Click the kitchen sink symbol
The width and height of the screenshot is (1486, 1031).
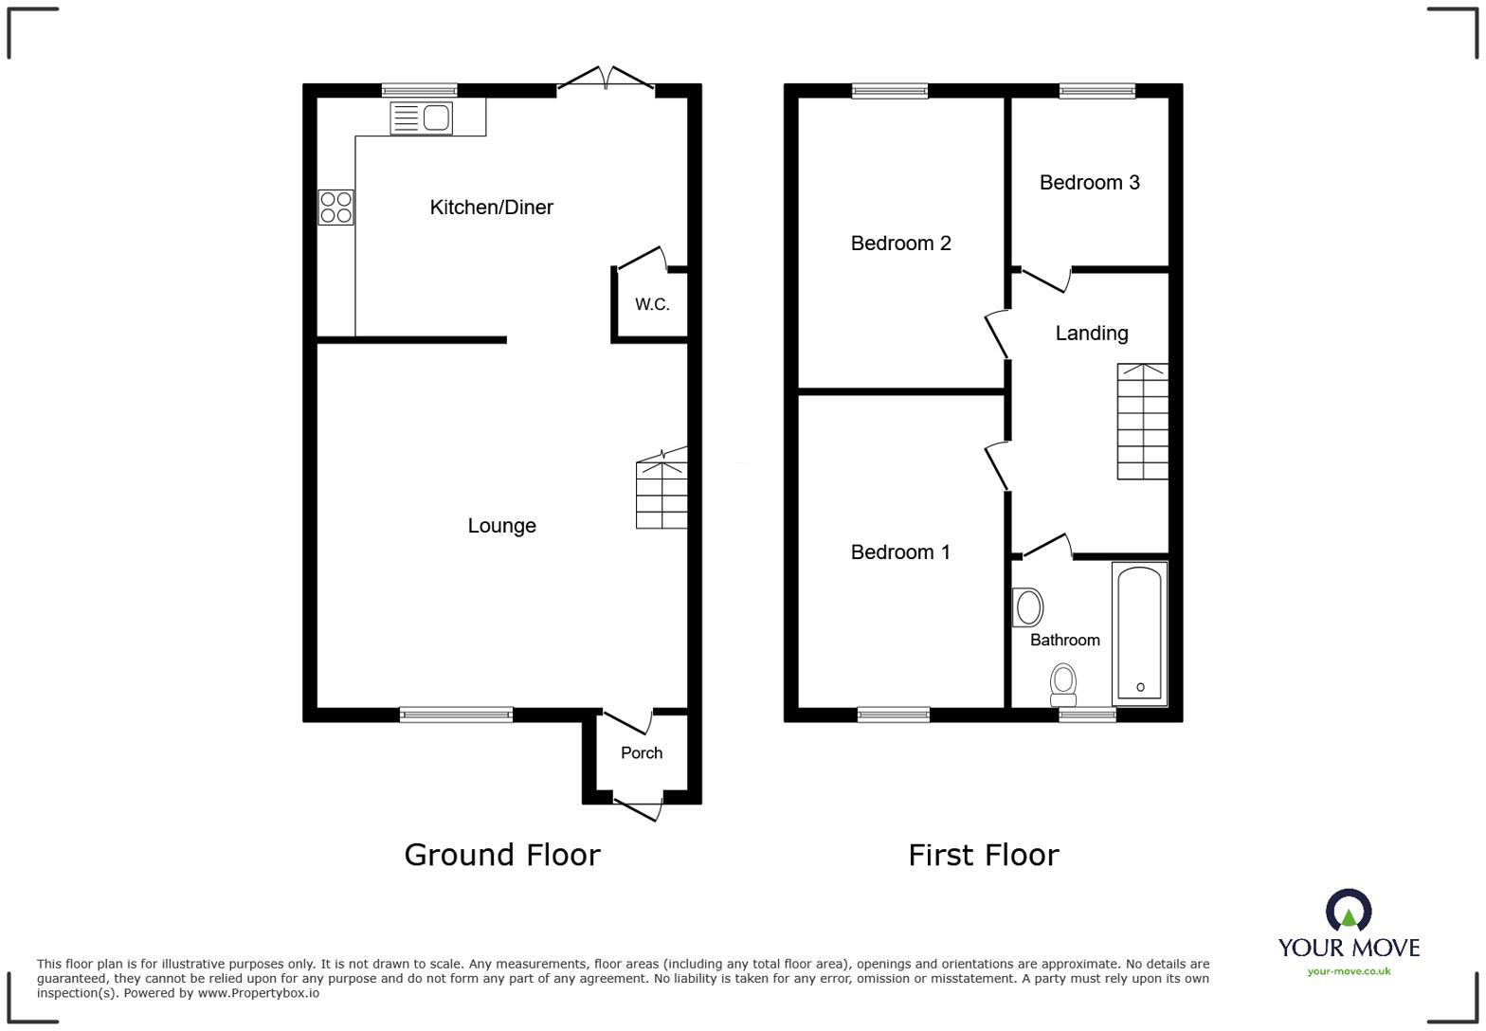(x=421, y=118)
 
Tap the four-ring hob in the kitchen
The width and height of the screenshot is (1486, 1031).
(x=335, y=207)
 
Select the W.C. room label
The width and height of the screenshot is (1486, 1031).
(x=652, y=304)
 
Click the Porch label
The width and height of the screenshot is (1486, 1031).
(x=642, y=753)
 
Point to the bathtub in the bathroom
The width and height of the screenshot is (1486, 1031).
(x=1140, y=634)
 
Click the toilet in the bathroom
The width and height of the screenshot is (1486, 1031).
(x=1063, y=685)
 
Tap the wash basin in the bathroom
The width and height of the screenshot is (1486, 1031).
(x=1027, y=607)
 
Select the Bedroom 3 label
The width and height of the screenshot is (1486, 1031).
(x=1089, y=183)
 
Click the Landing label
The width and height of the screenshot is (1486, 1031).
(x=1092, y=333)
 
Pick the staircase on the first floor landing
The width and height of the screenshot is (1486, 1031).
(x=1142, y=422)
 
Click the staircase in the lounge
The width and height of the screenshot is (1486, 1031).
(x=661, y=488)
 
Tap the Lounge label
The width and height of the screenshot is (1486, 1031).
(x=501, y=526)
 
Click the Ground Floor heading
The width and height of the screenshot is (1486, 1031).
(x=502, y=855)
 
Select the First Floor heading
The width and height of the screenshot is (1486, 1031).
(x=983, y=855)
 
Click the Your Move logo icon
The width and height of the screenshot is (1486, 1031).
(x=1349, y=910)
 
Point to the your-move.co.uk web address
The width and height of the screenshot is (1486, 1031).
(x=1349, y=971)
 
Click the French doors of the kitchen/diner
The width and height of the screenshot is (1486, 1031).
(x=607, y=81)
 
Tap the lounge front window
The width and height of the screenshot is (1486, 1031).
(x=457, y=714)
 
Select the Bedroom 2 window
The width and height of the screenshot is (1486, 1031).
(x=890, y=91)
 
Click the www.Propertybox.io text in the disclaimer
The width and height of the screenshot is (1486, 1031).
(x=258, y=993)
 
